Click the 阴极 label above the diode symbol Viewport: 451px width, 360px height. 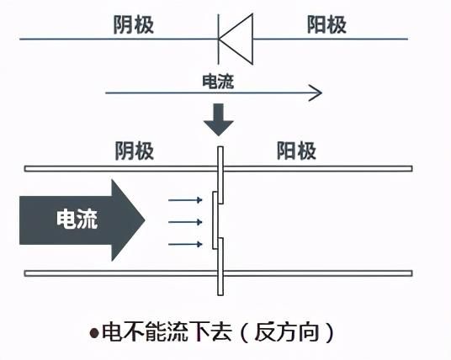point(134,24)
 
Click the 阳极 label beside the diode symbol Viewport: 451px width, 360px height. point(326,24)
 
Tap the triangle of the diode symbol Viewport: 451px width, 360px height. point(236,39)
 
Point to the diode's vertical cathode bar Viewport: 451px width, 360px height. point(218,39)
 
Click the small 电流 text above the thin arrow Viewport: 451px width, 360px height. point(218,82)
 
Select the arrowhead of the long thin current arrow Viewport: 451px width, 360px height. point(316,93)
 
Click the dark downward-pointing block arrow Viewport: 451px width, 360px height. point(219,119)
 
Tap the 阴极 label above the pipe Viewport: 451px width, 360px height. point(135,151)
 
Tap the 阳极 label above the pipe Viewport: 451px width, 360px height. point(296,151)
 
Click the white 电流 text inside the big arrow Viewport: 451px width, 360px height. point(77,220)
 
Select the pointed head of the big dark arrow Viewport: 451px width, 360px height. point(128,220)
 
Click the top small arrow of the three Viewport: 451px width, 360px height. point(185,200)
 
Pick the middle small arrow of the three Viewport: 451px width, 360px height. point(185,222)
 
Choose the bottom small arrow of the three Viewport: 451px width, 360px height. point(185,245)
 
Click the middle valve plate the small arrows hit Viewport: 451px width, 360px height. point(215,220)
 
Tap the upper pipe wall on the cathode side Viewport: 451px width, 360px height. point(121,169)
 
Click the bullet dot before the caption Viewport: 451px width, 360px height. point(94,333)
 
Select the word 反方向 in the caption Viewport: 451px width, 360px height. point(287,332)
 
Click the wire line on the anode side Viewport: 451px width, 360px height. point(331,39)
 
